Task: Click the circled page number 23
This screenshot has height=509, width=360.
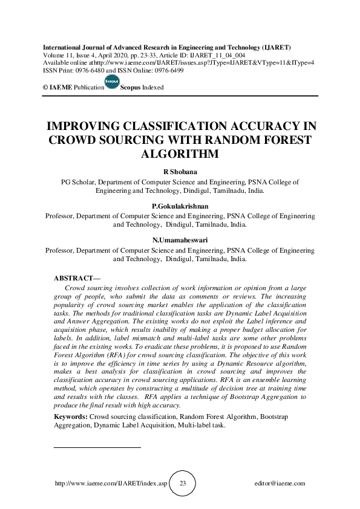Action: pyautogui.click(x=183, y=484)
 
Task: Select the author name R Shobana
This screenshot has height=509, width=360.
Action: pyautogui.click(x=180, y=172)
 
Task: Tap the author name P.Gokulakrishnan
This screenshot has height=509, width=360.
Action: pyautogui.click(x=180, y=206)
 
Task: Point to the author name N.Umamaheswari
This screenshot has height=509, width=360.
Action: pyautogui.click(x=180, y=241)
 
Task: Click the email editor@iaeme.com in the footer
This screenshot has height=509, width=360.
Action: pyautogui.click(x=280, y=484)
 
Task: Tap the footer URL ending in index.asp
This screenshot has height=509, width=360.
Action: pyautogui.click(x=110, y=484)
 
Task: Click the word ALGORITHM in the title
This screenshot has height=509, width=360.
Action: pyautogui.click(x=180, y=154)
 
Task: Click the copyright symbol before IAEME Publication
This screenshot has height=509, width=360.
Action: pyautogui.click(x=45, y=88)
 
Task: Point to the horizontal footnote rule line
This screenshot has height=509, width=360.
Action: pyautogui.click(x=97, y=448)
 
